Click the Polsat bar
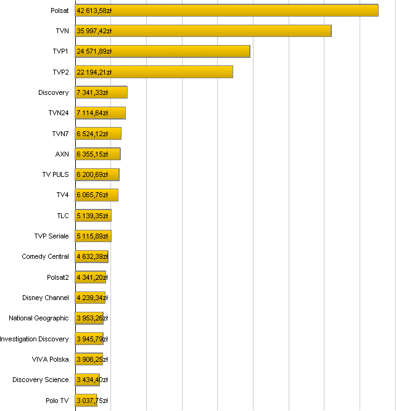[226, 10]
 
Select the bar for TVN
[203, 31]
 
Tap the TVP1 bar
[162, 51]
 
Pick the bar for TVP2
[154, 72]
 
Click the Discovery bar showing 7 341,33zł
[101, 92]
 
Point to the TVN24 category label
[59, 113]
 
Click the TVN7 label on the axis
[60, 134]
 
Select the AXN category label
[62, 154]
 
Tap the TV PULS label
[56, 174]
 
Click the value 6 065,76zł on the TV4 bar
[93, 195]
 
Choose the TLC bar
[93, 216]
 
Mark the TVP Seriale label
[52, 236]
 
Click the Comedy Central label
[46, 256]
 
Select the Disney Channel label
[46, 298]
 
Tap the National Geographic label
[39, 318]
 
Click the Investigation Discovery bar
[89, 339]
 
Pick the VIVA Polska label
[51, 359]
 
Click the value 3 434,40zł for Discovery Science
[92, 380]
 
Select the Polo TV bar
[86, 401]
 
